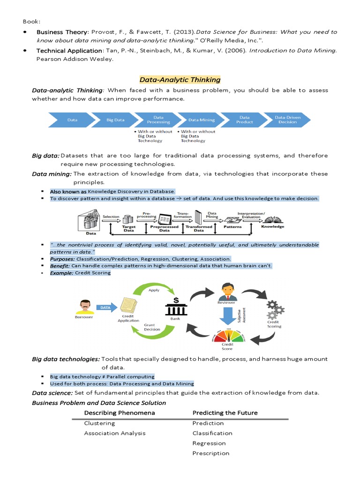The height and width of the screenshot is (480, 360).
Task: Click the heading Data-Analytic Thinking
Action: [180, 80]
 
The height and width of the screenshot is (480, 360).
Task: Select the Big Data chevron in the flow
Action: [115, 120]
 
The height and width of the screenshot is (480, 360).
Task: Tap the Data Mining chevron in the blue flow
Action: [202, 120]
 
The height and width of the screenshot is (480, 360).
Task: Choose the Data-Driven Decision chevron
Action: [287, 120]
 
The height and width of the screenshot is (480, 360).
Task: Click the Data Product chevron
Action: [244, 120]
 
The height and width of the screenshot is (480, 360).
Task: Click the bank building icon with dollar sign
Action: [176, 307]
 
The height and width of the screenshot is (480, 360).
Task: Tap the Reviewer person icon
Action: [226, 292]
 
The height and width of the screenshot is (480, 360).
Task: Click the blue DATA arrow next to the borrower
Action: [105, 307]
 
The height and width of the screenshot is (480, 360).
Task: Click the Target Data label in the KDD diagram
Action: [129, 228]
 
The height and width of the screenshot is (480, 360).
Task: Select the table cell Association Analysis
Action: [115, 433]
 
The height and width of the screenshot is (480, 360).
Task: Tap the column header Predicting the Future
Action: [225, 412]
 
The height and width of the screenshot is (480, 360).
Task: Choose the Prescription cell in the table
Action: [211, 453]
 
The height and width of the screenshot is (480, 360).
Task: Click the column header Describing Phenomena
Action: [120, 412]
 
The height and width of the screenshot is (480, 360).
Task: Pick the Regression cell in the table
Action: [209, 443]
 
